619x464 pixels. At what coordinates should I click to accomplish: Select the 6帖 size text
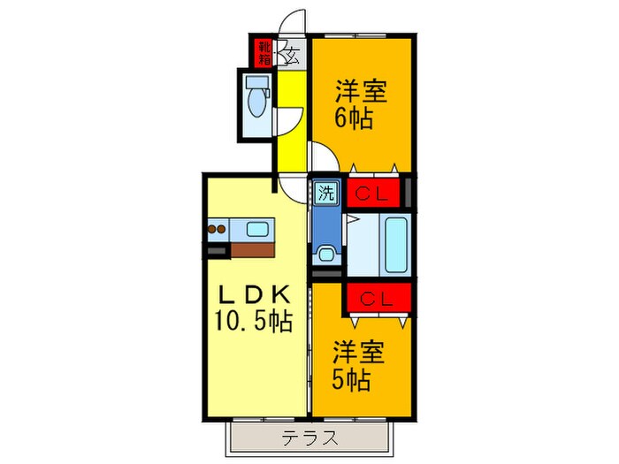pyautogui.click(x=352, y=117)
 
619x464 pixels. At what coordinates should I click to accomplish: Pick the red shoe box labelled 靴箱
pyautogui.click(x=264, y=53)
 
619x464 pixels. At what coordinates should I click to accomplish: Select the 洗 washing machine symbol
pyautogui.click(x=326, y=193)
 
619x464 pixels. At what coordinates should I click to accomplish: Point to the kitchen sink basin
pyautogui.click(x=259, y=230)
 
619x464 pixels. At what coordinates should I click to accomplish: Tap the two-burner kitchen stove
pyautogui.click(x=218, y=230)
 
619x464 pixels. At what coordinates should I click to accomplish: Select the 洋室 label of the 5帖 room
pyautogui.click(x=358, y=354)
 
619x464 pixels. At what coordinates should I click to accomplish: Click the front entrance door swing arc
pyautogui.click(x=294, y=22)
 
